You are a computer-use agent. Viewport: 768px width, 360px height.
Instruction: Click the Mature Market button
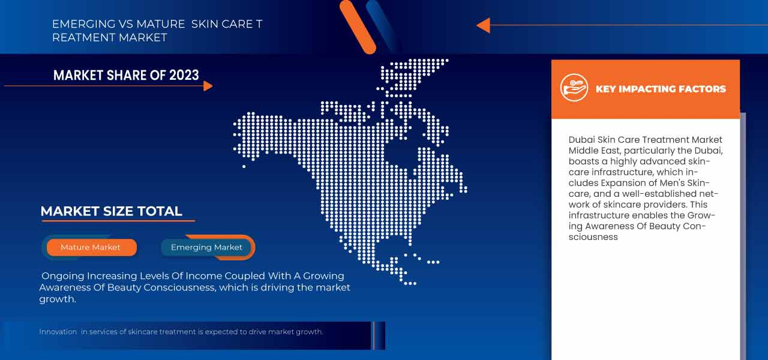[92, 247]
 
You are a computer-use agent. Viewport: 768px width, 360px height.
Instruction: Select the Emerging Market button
[206, 247]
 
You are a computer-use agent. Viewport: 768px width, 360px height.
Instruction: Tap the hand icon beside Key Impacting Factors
[574, 88]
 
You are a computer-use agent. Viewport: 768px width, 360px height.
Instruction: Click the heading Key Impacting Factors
[661, 89]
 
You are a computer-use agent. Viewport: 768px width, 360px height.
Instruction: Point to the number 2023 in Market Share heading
[184, 75]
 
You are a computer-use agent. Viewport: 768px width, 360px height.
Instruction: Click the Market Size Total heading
[111, 211]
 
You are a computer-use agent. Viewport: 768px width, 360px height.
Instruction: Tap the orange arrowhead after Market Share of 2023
[208, 86]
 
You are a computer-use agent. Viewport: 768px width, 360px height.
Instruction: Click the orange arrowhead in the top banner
[484, 25]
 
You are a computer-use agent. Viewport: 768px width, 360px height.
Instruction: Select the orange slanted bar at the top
[358, 27]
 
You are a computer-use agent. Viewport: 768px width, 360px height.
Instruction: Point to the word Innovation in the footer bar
[58, 332]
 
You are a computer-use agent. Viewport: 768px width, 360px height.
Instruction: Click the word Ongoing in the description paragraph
[63, 277]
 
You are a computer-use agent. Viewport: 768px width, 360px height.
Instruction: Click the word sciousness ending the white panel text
[593, 237]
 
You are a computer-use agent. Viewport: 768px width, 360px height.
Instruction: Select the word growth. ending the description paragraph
[57, 299]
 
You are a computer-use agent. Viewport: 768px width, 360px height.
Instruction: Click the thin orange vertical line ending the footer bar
[374, 335]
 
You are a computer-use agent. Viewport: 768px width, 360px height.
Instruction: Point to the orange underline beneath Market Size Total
[118, 221]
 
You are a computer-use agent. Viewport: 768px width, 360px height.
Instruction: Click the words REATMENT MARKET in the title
[110, 37]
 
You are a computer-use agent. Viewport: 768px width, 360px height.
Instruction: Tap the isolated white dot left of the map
[244, 167]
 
